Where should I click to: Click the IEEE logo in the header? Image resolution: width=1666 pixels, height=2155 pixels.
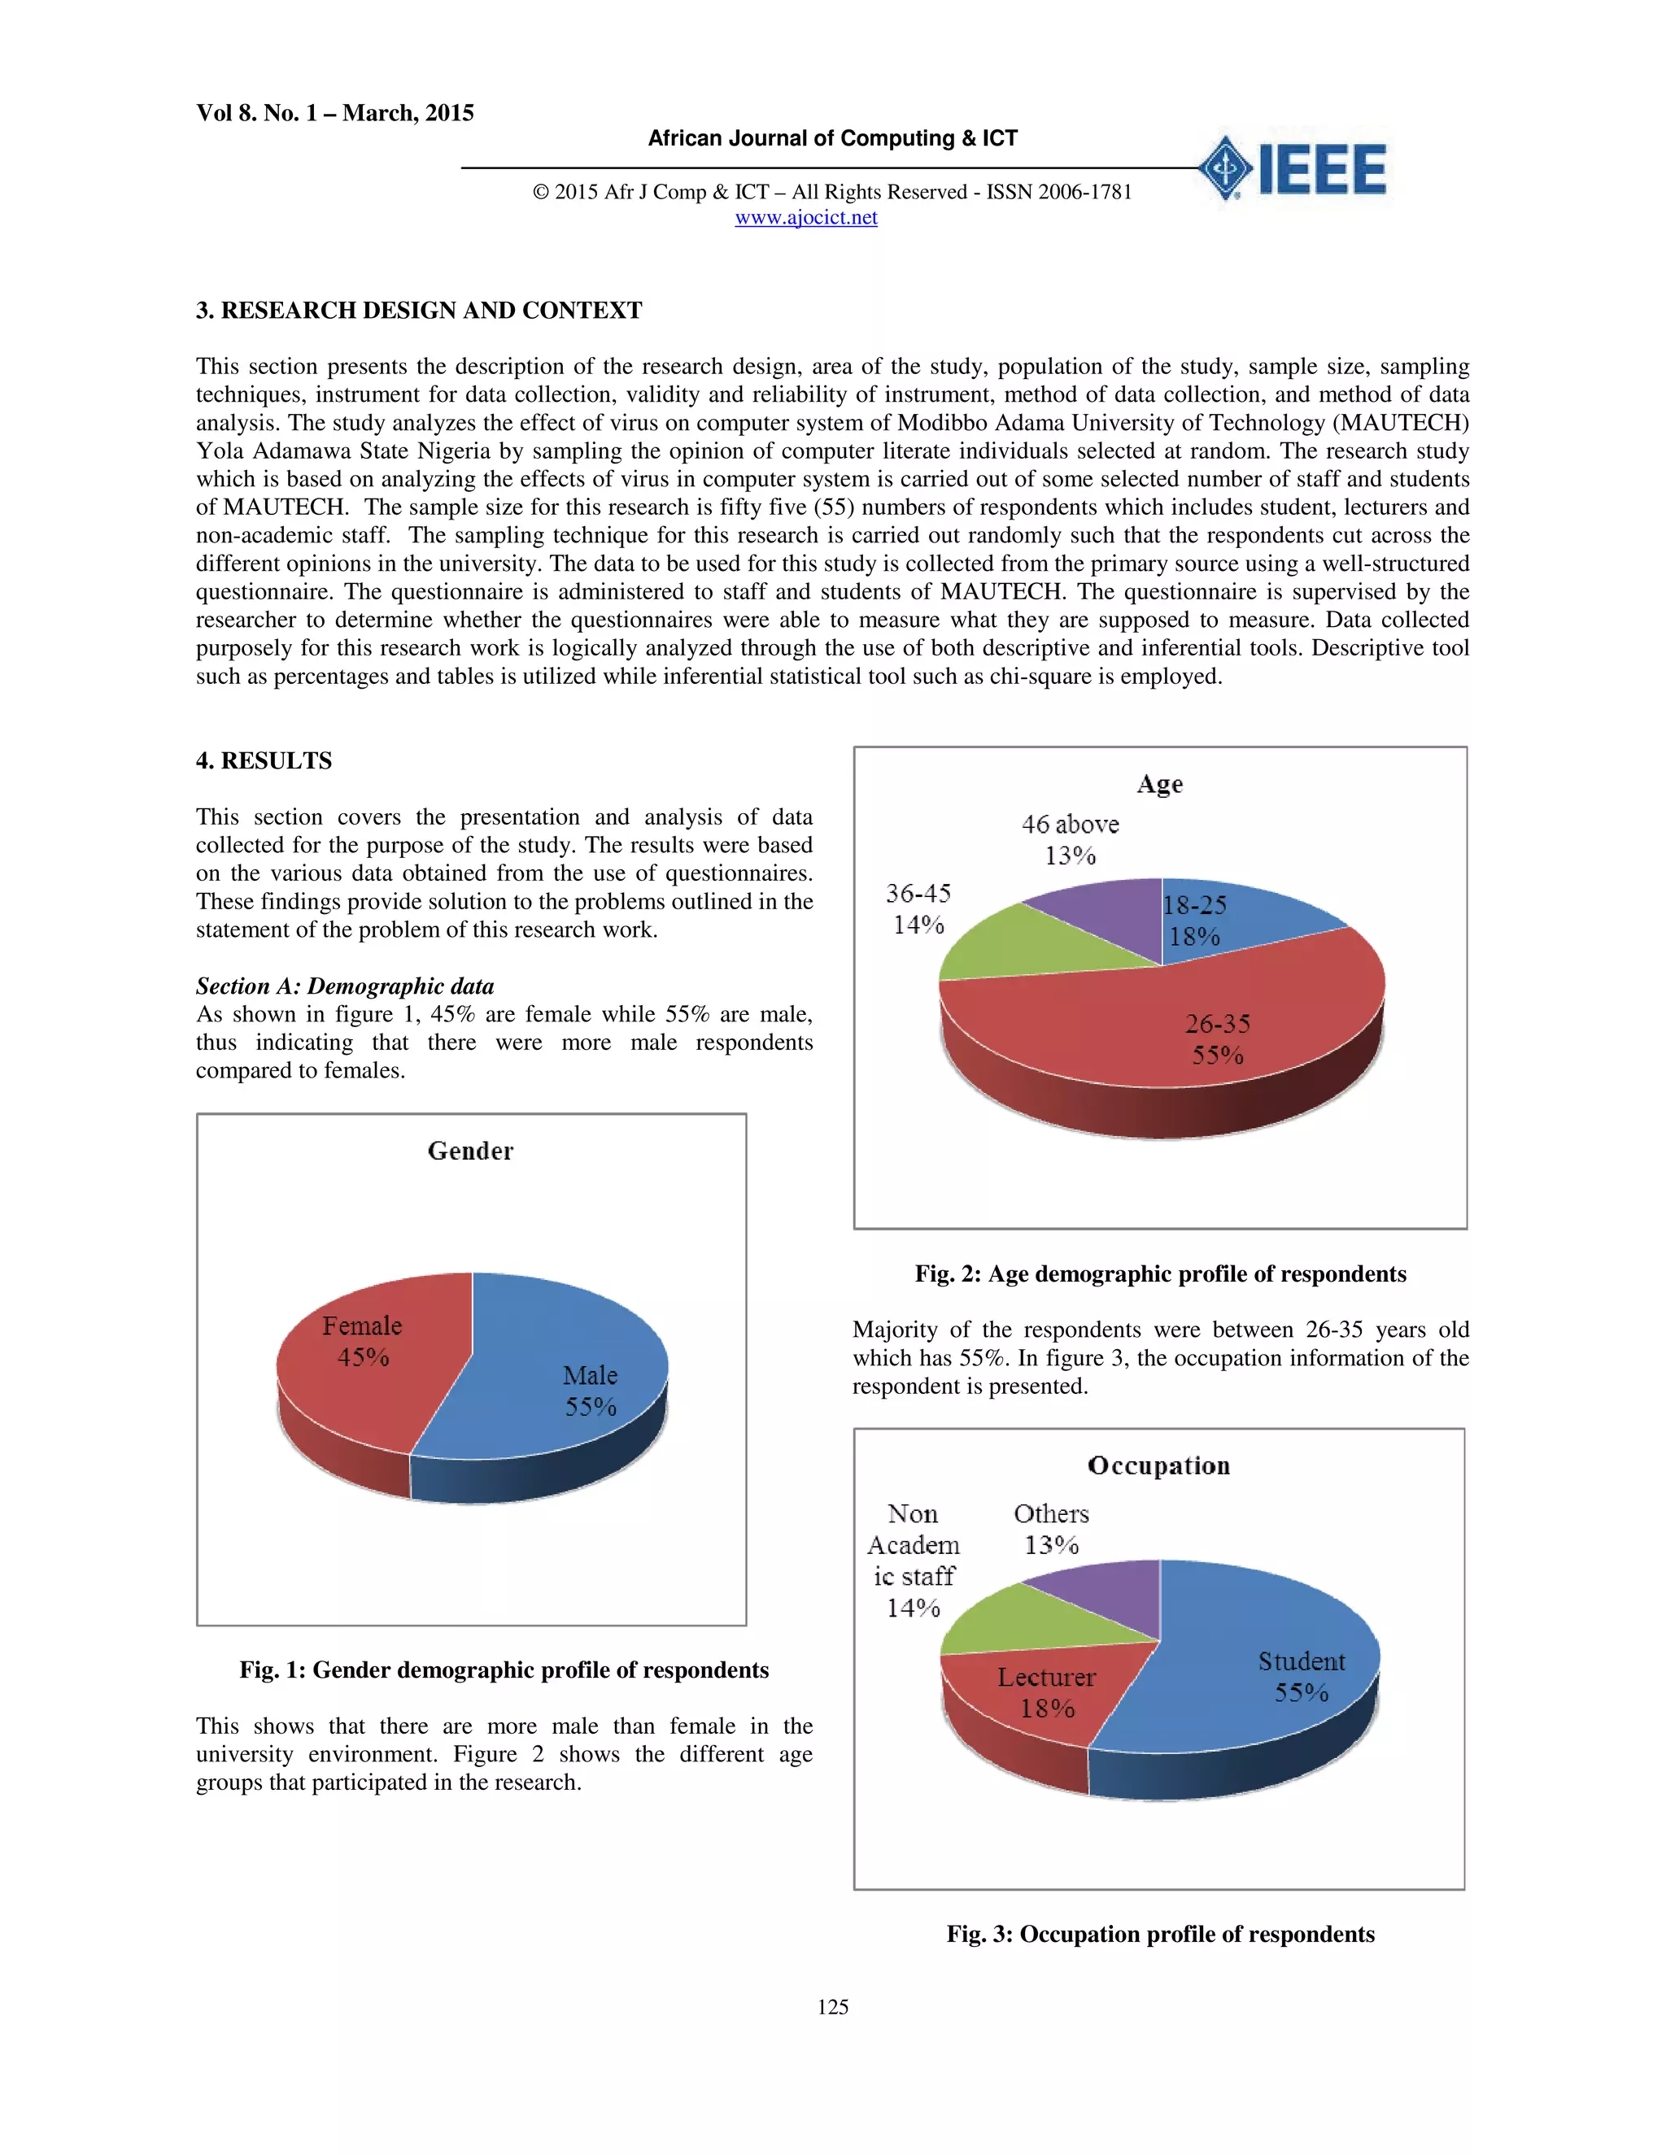pyautogui.click(x=1293, y=168)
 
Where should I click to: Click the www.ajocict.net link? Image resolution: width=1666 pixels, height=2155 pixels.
pyautogui.click(x=805, y=217)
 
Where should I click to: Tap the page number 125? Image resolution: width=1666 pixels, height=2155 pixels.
pyautogui.click(x=832, y=2007)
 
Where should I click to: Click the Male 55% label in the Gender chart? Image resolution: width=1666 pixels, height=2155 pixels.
pyautogui.click(x=591, y=1391)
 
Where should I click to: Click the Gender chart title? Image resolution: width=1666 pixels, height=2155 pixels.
pyautogui.click(x=470, y=1151)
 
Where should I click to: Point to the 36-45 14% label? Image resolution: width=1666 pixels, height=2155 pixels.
pyautogui.click(x=918, y=909)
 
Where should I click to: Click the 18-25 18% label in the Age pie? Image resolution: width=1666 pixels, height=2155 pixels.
pyautogui.click(x=1194, y=921)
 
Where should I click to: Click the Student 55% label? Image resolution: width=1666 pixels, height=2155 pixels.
pyautogui.click(x=1301, y=1677)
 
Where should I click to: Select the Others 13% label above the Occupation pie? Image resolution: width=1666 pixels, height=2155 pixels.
pyautogui.click(x=1051, y=1529)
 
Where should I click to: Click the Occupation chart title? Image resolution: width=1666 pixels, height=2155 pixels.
pyautogui.click(x=1158, y=1465)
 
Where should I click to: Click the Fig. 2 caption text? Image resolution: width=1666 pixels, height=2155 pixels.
pyautogui.click(x=1160, y=1273)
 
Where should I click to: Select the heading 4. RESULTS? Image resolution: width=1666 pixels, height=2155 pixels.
pyautogui.click(x=264, y=761)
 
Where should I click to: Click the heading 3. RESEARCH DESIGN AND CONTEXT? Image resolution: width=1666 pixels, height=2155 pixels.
pyautogui.click(x=418, y=311)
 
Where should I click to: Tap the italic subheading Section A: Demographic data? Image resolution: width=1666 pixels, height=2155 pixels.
pyautogui.click(x=344, y=986)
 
